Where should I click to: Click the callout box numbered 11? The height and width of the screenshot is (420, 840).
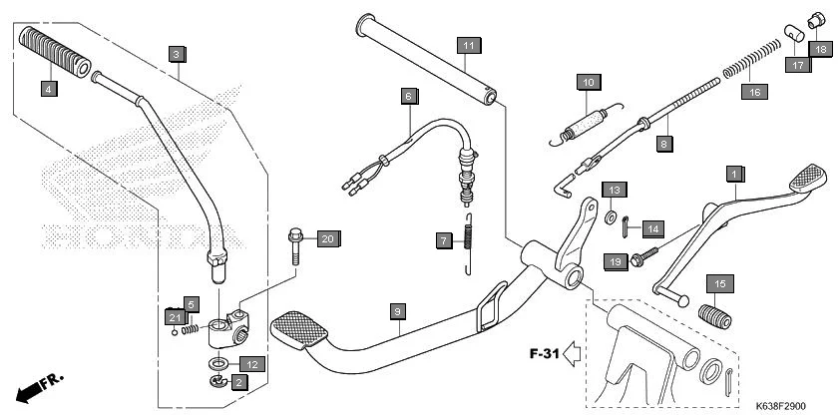pyautogui.click(x=469, y=45)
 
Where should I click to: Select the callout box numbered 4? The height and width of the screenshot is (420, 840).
pyautogui.click(x=48, y=89)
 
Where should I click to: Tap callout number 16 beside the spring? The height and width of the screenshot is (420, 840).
pyautogui.click(x=754, y=92)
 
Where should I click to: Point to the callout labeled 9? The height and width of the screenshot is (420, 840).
pyautogui.click(x=397, y=312)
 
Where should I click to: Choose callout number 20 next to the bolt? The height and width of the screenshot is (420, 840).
pyautogui.click(x=328, y=238)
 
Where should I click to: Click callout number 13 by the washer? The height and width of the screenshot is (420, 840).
pyautogui.click(x=615, y=190)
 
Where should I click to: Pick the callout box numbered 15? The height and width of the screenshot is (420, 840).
pyautogui.click(x=718, y=282)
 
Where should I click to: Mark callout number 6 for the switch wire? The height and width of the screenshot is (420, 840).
pyautogui.click(x=408, y=97)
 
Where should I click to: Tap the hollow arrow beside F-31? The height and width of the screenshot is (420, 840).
pyautogui.click(x=572, y=351)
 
